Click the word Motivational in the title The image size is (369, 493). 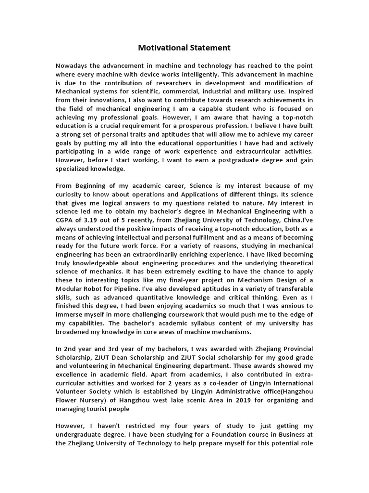[161, 48]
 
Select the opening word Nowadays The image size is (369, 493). [72, 65]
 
